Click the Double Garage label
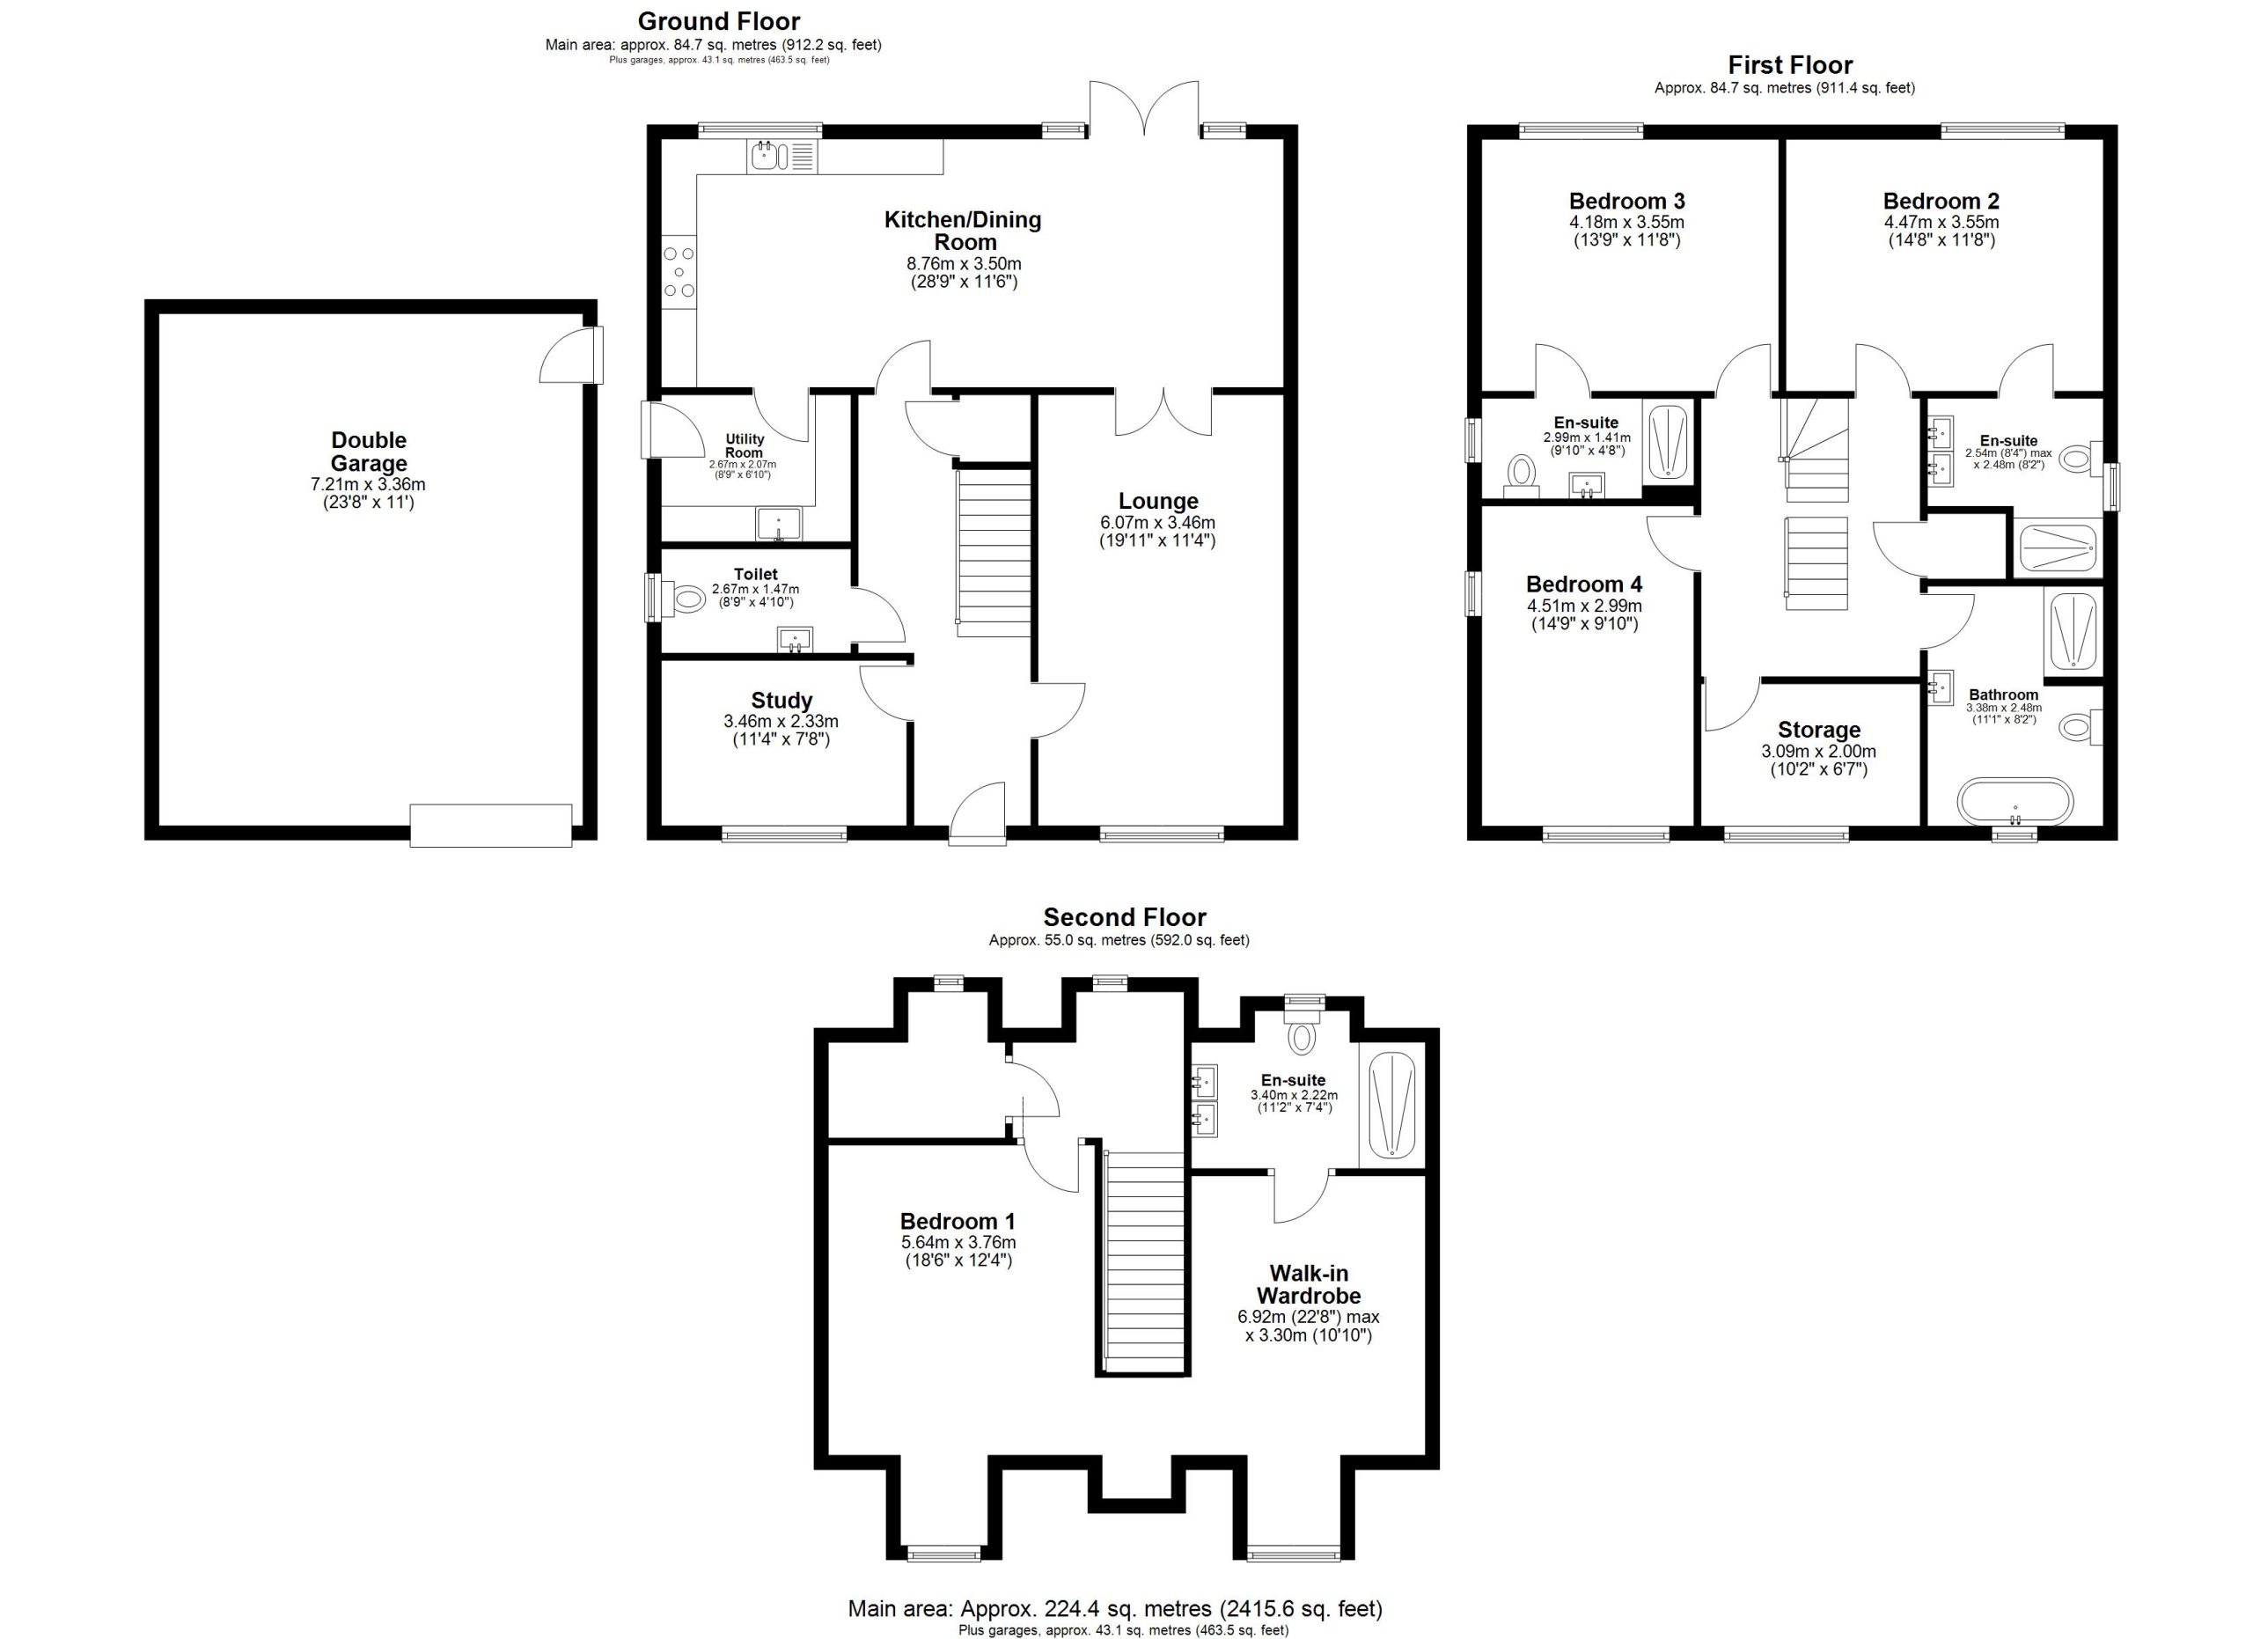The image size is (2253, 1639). pos(369,452)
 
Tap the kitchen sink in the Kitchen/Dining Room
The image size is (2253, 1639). pos(782,155)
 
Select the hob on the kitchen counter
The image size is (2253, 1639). pos(679,270)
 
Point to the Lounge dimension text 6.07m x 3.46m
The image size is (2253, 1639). pos(1157,523)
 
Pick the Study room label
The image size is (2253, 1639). pos(782,701)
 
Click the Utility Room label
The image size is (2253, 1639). pos(744,446)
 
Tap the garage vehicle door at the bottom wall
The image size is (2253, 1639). pos(491,826)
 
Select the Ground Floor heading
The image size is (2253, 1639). pos(718,21)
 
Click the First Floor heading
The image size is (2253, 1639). pos(1790,65)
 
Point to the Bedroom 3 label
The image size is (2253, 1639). pos(1627,202)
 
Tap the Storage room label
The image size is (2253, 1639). pos(1819,730)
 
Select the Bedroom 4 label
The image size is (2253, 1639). pos(1584,584)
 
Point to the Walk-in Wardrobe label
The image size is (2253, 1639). pos(1309,1284)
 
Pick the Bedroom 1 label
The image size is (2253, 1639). pos(958,1221)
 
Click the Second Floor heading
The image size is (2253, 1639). pos(1125,917)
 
